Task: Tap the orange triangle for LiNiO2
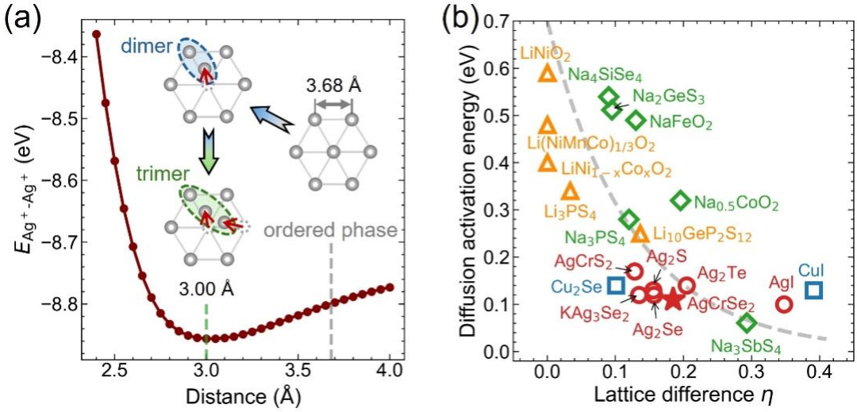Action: [547, 73]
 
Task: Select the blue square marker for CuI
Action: [814, 291]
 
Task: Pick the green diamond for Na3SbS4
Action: [747, 323]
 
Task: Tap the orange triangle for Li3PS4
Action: [570, 191]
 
